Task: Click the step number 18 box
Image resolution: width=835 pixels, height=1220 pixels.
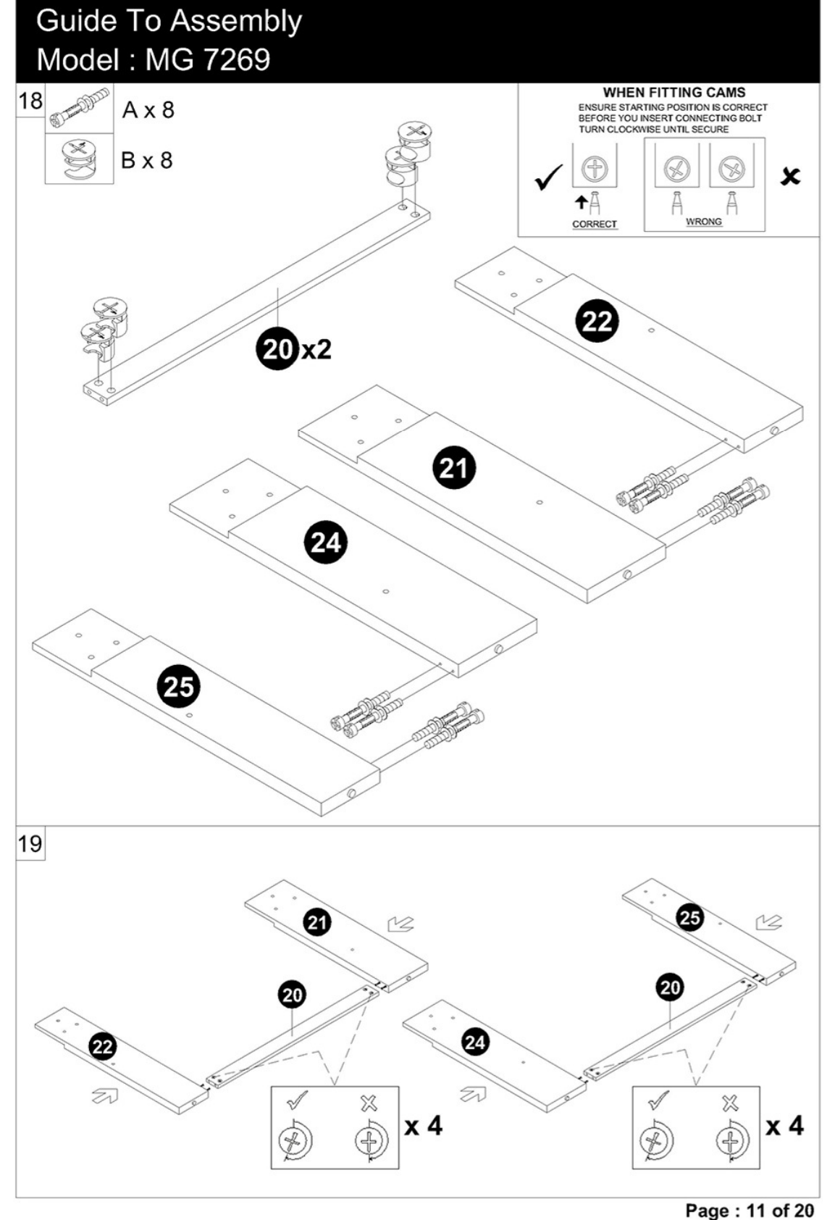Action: [x=30, y=101]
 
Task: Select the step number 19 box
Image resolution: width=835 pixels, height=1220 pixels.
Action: [x=30, y=844]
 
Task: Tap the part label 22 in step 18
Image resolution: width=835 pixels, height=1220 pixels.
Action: [x=597, y=321]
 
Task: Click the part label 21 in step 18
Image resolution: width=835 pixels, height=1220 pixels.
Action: [x=454, y=468]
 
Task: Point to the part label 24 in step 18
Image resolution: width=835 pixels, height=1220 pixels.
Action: [x=325, y=543]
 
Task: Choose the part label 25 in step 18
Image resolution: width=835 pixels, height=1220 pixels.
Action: [x=179, y=686]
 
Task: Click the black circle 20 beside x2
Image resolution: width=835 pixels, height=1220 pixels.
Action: [x=277, y=348]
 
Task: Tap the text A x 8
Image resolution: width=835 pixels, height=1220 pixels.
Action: [x=148, y=110]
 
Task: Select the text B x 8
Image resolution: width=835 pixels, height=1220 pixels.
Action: [x=147, y=160]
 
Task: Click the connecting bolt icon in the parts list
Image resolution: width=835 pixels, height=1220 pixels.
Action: [x=79, y=108]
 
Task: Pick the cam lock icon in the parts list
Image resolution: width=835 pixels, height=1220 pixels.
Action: [x=80, y=159]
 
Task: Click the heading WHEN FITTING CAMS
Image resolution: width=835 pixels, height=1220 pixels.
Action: [x=674, y=93]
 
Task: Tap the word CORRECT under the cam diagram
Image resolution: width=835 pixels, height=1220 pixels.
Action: [x=595, y=224]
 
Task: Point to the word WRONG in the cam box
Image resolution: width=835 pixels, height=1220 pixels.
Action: [x=704, y=222]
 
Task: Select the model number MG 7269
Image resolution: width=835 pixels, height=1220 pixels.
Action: [x=207, y=59]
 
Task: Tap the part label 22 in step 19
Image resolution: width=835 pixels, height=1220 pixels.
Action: [x=102, y=1046]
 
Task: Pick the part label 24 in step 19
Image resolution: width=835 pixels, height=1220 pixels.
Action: [x=474, y=1043]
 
